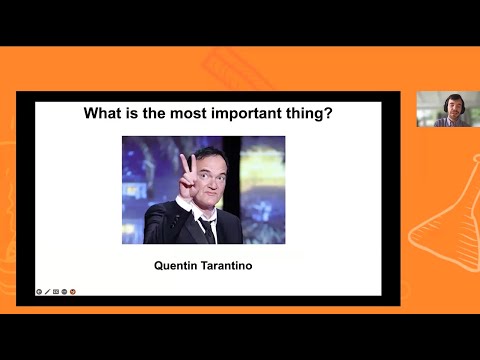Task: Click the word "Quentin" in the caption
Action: pyautogui.click(x=178, y=266)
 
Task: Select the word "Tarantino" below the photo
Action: pyautogui.click(x=229, y=266)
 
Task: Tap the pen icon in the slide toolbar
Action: pyautogui.click(x=47, y=292)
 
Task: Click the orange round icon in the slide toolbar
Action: pyautogui.click(x=73, y=292)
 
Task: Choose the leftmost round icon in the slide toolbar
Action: pyautogui.click(x=39, y=292)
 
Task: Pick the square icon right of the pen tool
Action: pyautogui.click(x=55, y=292)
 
